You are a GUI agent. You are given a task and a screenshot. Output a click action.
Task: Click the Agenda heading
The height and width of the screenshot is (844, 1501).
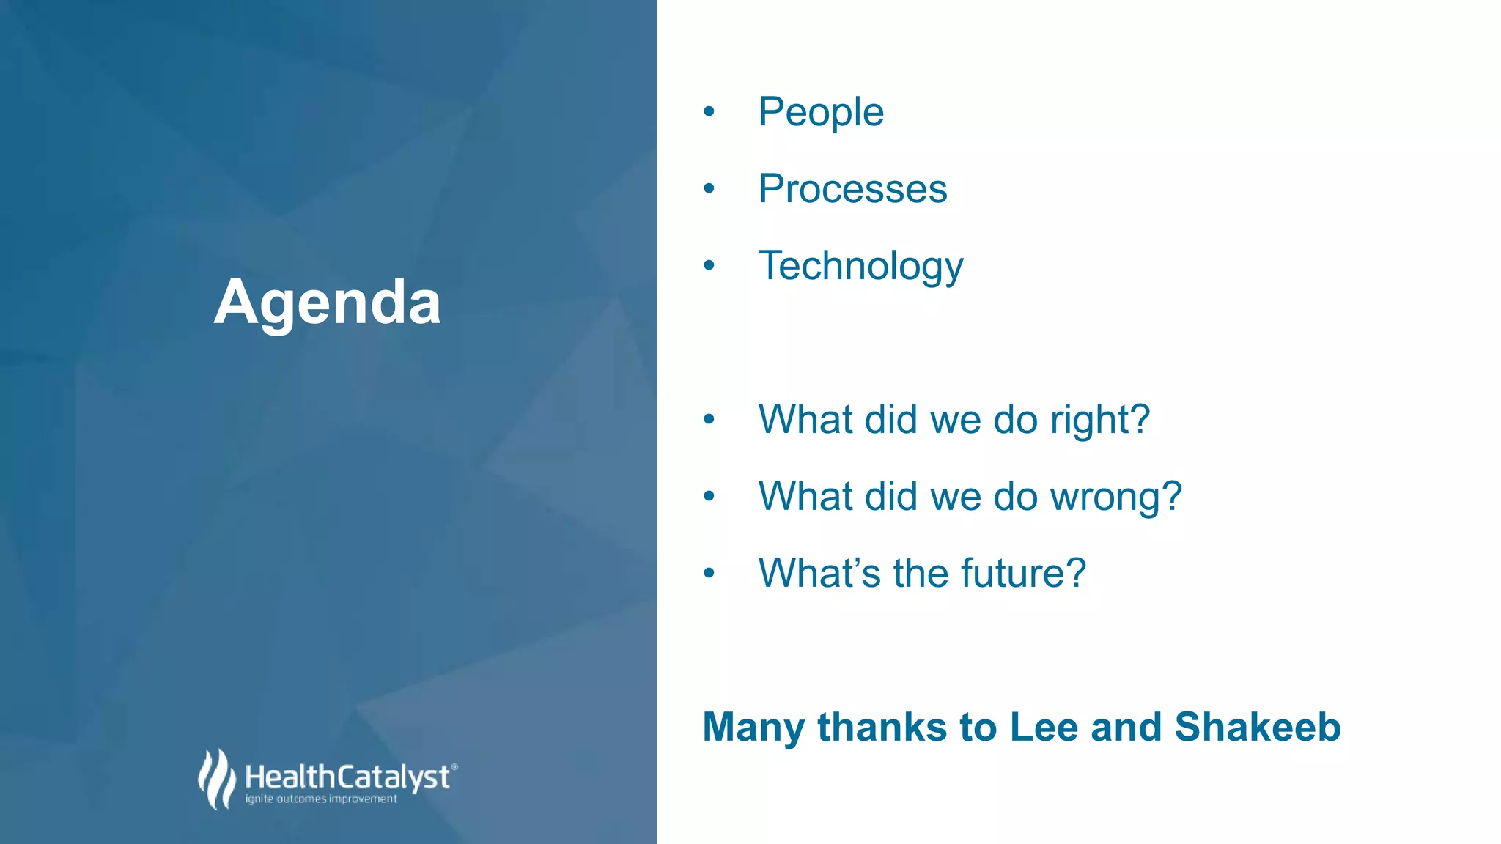327,303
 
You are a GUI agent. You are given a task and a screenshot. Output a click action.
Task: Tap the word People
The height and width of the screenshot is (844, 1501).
821,113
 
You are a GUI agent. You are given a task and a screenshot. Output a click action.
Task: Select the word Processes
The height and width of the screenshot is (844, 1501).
852,189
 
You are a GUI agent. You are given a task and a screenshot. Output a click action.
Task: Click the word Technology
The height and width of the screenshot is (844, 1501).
860,266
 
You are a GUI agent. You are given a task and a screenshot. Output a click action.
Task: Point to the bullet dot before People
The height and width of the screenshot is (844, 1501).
709,112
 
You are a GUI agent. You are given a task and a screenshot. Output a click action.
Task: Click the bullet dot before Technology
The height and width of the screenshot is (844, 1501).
709,265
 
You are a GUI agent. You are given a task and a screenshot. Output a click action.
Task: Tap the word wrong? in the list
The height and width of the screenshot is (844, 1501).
1115,497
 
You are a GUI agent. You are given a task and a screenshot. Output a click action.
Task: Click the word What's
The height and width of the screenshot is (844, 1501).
819,573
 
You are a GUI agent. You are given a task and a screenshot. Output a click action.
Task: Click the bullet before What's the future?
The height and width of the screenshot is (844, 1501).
709,573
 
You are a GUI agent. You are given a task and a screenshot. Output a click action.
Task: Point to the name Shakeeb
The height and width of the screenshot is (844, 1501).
1257,727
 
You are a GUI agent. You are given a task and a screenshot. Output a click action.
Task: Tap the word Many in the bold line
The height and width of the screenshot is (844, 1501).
753,728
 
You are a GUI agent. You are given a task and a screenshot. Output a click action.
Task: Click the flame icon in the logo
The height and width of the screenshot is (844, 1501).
216,778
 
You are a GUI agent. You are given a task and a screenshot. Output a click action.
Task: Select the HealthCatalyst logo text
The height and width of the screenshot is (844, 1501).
347,777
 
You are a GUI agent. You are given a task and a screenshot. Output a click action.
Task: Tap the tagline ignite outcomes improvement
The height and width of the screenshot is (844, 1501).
321,799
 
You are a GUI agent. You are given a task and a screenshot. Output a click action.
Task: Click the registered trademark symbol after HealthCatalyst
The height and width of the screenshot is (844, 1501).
455,766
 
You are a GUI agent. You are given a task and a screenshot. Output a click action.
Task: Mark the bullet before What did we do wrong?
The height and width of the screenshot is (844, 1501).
709,496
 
